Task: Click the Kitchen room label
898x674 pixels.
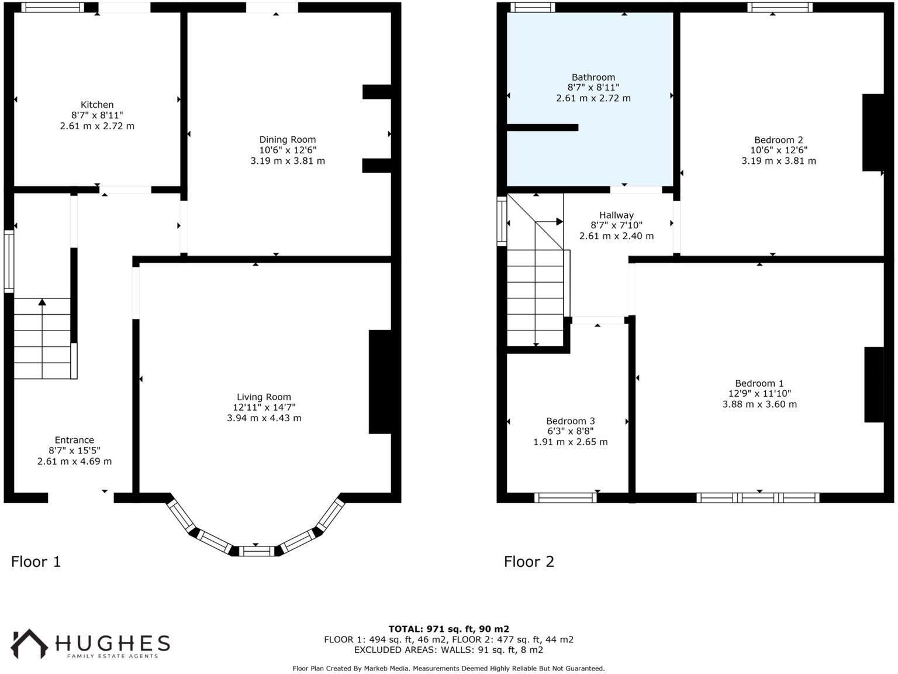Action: (97, 105)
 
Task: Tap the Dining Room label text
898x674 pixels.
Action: (288, 139)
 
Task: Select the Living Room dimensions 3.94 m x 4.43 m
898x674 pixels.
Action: (264, 418)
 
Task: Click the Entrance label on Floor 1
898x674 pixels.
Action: (74, 440)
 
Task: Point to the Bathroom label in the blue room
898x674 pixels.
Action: (593, 77)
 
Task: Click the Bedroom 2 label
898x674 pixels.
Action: (779, 140)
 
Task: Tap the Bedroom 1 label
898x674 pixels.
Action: (759, 383)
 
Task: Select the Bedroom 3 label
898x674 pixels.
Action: (571, 421)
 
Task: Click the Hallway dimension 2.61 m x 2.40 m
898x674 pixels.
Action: (616, 236)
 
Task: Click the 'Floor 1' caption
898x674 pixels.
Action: (36, 562)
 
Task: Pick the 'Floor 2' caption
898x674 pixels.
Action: (529, 562)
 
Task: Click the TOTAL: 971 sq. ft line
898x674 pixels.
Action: (448, 630)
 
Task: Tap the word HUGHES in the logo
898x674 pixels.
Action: (113, 643)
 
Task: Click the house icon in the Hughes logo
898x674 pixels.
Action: (30, 643)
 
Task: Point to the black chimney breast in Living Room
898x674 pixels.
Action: (380, 381)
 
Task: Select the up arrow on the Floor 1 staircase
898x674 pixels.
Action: (42, 302)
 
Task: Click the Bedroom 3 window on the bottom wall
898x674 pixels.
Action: (565, 498)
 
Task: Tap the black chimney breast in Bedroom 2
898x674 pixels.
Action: (873, 132)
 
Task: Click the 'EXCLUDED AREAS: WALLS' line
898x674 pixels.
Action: (448, 649)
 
